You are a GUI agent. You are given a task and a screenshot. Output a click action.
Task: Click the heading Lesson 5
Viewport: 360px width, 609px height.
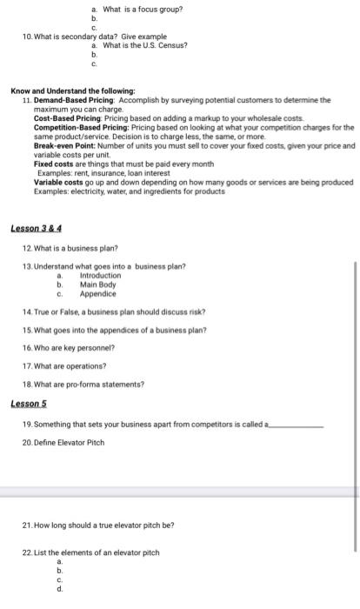pos(29,404)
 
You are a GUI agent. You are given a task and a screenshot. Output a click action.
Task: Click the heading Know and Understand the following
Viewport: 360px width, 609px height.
pos(72,90)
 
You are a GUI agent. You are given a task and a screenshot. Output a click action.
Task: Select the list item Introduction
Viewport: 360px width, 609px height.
pos(100,276)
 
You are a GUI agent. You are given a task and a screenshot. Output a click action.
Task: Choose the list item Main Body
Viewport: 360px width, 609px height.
pos(97,284)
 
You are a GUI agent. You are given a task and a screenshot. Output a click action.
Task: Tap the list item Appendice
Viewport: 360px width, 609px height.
pos(97,293)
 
